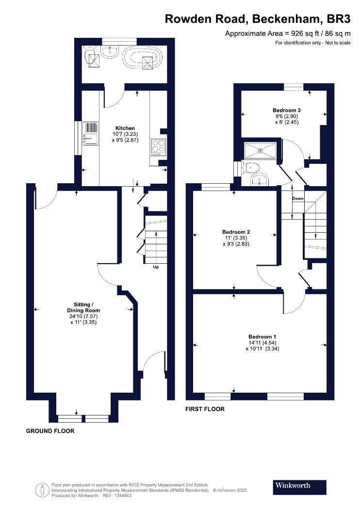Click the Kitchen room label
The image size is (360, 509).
125,128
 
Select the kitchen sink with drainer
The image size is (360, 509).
90,133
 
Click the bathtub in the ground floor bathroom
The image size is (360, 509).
142,58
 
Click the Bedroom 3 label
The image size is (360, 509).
284,111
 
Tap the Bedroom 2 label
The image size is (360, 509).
236,232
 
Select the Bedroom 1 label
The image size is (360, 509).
262,337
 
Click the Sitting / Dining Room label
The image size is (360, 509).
83,307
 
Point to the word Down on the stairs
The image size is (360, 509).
297,199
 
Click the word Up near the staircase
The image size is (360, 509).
156,267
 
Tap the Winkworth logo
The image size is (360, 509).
299,487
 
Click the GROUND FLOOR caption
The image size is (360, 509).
50,431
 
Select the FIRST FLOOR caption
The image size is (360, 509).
205,409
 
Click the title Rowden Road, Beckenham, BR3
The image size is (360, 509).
258,19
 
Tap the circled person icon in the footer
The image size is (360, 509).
41,490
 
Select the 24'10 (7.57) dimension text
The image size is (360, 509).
83,317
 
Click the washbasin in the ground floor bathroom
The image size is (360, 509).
111,51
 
